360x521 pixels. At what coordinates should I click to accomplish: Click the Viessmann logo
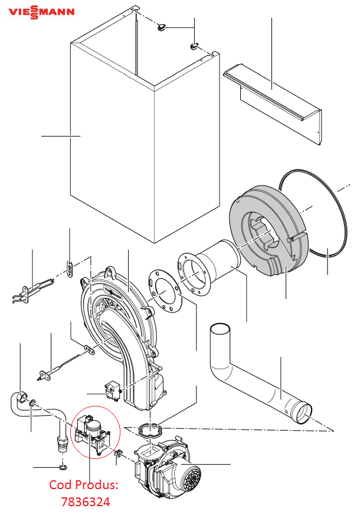(x=41, y=12)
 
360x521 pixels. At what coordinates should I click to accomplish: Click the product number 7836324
(x=86, y=502)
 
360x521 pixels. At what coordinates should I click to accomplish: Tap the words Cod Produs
(x=84, y=485)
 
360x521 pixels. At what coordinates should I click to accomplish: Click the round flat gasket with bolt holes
(x=165, y=291)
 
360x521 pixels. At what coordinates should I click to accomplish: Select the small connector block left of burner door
(x=112, y=391)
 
